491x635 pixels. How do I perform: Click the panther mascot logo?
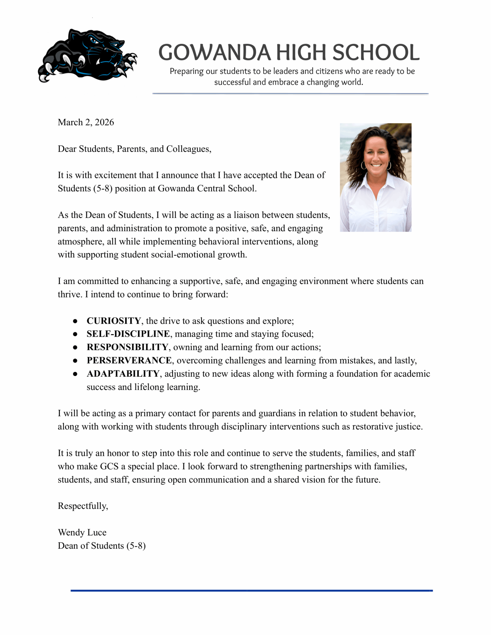(87, 56)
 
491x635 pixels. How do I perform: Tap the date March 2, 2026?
(86, 122)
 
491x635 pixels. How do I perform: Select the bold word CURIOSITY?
(114, 321)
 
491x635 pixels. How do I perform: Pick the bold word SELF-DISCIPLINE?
(128, 334)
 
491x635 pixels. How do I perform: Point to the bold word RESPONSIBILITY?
(127, 347)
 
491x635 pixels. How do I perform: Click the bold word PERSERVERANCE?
(129, 360)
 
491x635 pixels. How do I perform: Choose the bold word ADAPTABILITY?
(123, 374)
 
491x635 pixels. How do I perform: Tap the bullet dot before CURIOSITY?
(75, 321)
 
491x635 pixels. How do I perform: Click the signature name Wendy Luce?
(82, 532)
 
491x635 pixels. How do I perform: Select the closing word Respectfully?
(83, 506)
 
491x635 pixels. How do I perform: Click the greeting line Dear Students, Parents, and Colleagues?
(135, 149)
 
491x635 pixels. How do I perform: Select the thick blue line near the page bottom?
(252, 591)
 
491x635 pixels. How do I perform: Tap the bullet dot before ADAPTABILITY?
(75, 374)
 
